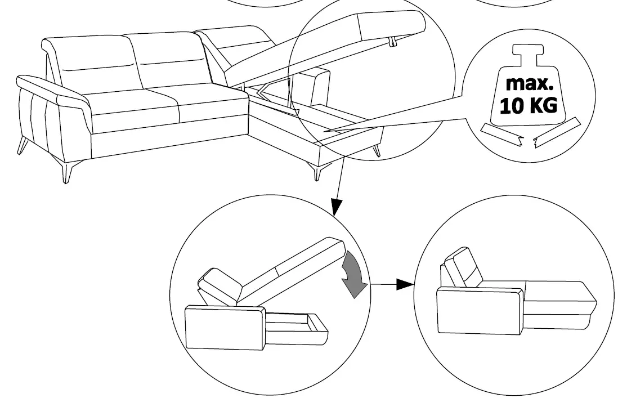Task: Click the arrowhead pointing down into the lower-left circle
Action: click(335, 209)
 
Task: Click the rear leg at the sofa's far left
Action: click(22, 145)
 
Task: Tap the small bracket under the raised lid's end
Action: click(392, 42)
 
